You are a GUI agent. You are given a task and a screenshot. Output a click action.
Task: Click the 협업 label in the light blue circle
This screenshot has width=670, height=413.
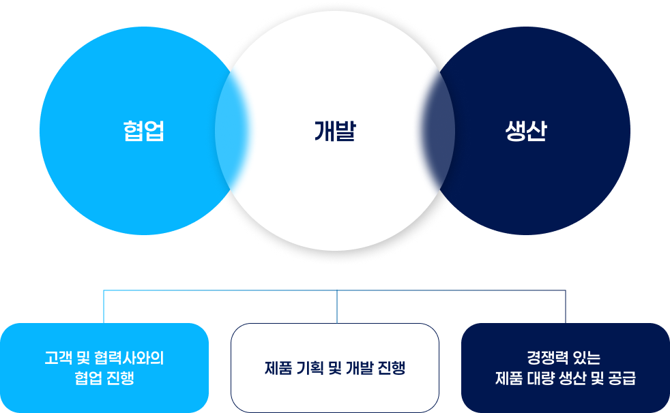pyautogui.click(x=143, y=131)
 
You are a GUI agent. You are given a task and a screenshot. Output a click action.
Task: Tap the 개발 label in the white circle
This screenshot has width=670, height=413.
pyautogui.click(x=335, y=131)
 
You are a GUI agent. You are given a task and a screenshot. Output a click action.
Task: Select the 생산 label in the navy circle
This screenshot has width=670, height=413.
pyautogui.click(x=526, y=131)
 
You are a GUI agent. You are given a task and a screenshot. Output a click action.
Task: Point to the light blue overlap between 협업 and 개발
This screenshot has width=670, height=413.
pyautogui.click(x=232, y=131)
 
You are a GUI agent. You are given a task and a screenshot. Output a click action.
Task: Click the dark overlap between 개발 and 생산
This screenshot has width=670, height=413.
pyautogui.click(x=438, y=131)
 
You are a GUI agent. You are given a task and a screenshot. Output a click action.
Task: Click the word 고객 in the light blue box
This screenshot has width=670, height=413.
pyautogui.click(x=58, y=358)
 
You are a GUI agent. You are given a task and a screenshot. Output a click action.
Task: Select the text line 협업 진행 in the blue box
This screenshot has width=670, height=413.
pyautogui.click(x=104, y=378)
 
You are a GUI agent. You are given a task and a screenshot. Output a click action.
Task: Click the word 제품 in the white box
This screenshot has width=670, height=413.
pyautogui.click(x=278, y=368)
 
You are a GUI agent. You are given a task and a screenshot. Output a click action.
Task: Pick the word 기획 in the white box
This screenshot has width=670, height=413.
pyautogui.click(x=310, y=368)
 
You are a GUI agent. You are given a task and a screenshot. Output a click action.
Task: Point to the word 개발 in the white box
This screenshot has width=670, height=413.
pyautogui.click(x=359, y=368)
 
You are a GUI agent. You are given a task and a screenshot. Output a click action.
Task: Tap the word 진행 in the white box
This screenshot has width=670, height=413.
pyautogui.click(x=392, y=368)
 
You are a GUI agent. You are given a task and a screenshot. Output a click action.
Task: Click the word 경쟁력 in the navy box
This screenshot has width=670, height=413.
pyautogui.click(x=548, y=358)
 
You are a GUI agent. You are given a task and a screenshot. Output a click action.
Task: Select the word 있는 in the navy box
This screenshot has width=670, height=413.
pyautogui.click(x=587, y=358)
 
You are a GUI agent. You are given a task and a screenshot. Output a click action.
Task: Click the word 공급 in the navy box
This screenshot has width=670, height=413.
pyautogui.click(x=622, y=378)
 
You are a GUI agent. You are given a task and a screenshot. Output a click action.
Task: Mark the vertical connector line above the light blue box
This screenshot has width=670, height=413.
pyautogui.click(x=104, y=307)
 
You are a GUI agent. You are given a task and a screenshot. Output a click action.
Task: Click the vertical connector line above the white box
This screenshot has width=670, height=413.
pyautogui.click(x=337, y=307)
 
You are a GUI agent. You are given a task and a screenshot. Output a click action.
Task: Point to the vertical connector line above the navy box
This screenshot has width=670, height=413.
pyautogui.click(x=566, y=307)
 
